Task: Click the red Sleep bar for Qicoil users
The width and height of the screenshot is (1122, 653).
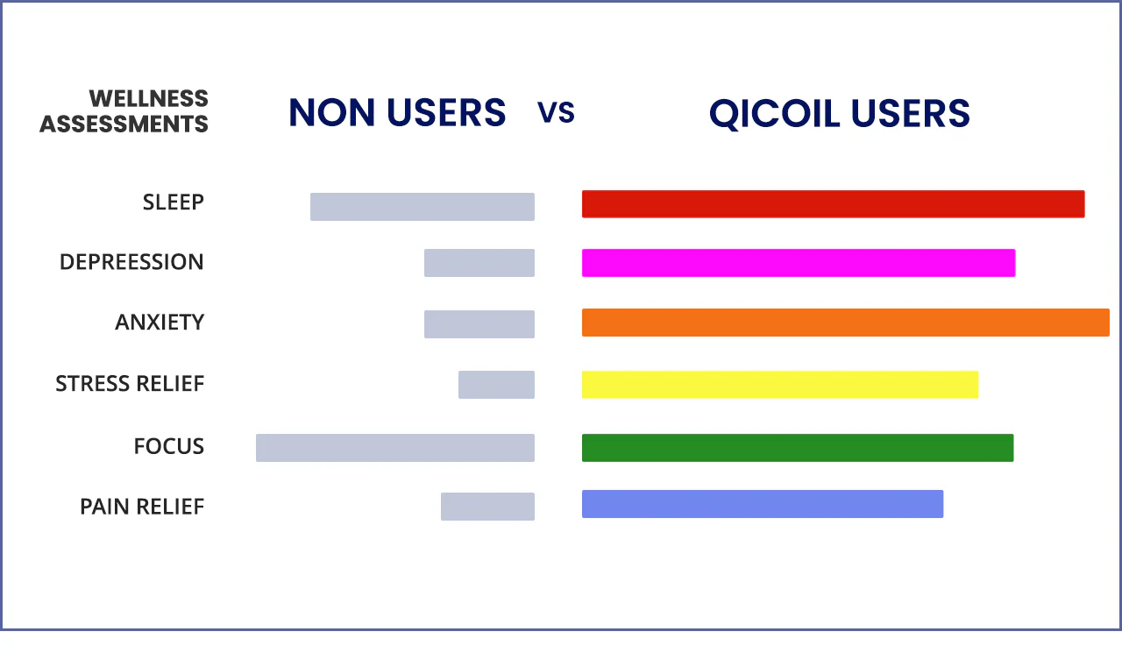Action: (833, 204)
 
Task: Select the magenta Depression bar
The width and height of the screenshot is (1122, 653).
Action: (799, 262)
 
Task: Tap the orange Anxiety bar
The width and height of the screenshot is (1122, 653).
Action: (846, 323)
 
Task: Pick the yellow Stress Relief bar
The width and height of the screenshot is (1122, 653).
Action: (780, 385)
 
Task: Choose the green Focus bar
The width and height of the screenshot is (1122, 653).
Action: (798, 448)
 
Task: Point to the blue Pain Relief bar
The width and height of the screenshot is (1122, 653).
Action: (763, 504)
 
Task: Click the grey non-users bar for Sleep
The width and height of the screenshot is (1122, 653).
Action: (423, 206)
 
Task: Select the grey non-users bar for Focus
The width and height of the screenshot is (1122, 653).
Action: (395, 448)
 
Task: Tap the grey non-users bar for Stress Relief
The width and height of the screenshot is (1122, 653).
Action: (496, 385)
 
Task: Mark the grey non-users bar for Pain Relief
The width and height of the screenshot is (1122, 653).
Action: (487, 507)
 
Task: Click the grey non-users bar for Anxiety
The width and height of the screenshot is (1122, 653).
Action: (479, 324)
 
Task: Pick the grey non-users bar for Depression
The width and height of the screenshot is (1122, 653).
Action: (479, 262)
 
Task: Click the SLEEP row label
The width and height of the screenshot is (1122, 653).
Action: (174, 202)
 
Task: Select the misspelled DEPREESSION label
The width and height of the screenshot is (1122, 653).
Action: (131, 262)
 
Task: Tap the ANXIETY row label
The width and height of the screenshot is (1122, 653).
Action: (160, 322)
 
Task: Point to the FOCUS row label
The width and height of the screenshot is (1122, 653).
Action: (169, 446)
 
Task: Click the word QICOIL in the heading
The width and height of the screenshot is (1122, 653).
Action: (774, 114)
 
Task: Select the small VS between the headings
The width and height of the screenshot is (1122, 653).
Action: (556, 112)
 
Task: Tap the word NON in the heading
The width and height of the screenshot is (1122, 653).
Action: (331, 112)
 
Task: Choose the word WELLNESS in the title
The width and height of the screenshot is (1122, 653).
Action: (149, 98)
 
